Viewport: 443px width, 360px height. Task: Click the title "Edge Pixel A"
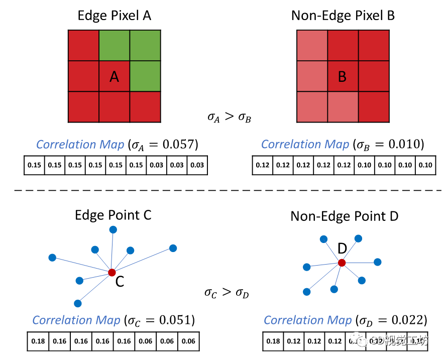click(114, 16)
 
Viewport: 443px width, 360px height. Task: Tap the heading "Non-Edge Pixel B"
click(343, 16)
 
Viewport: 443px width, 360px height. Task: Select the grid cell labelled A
click(114, 76)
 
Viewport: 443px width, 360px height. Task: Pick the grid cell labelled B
click(343, 76)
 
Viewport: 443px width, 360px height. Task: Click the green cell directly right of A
click(145, 76)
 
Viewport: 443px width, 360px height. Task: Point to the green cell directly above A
click(114, 45)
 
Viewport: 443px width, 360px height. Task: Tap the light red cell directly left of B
click(312, 76)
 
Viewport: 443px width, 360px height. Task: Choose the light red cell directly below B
click(343, 107)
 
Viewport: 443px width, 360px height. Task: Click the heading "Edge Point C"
click(113, 215)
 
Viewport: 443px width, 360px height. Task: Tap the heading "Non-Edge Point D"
click(344, 216)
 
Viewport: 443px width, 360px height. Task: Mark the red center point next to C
click(112, 273)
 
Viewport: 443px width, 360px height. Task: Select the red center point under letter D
click(342, 263)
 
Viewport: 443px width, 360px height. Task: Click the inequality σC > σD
click(226, 292)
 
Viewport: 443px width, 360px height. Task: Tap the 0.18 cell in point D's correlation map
click(274, 341)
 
